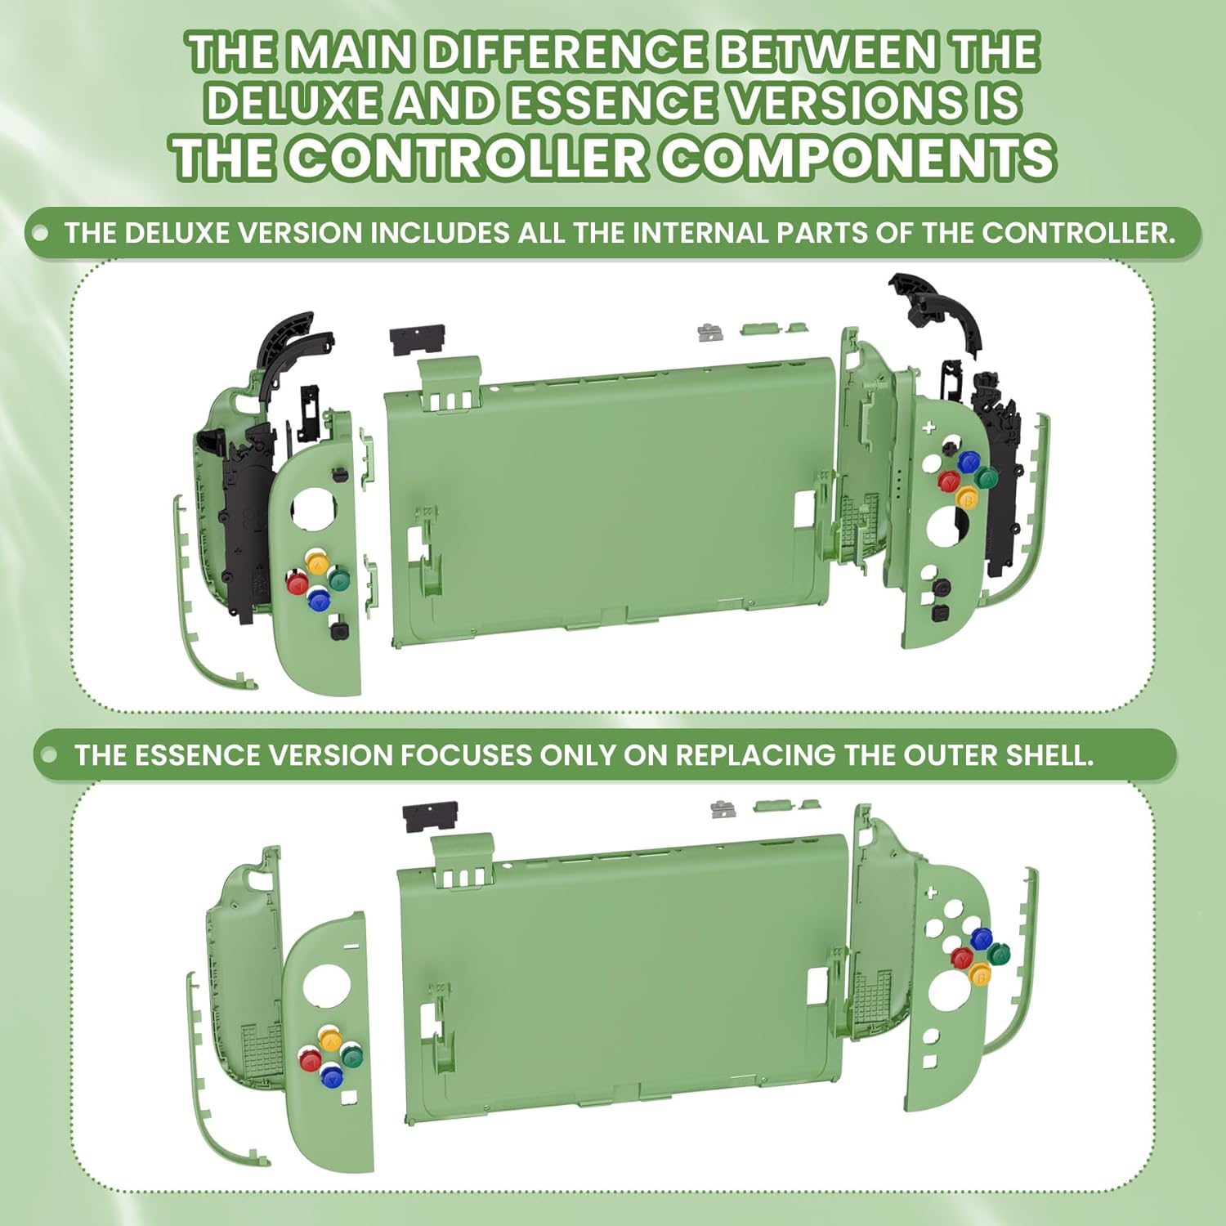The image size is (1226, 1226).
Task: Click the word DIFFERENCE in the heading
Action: [x=565, y=53]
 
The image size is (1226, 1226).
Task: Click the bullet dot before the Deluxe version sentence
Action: [x=39, y=233]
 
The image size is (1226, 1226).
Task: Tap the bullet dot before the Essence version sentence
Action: [x=49, y=754]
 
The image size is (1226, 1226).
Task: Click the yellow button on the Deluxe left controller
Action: [x=317, y=562]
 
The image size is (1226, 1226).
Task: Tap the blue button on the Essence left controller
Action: [x=332, y=1076]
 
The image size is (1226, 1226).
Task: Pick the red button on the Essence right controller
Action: [x=961, y=957]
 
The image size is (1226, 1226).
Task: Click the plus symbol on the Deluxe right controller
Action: [x=928, y=427]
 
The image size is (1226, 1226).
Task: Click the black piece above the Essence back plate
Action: [x=431, y=816]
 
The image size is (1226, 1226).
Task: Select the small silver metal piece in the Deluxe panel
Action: [x=709, y=332]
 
